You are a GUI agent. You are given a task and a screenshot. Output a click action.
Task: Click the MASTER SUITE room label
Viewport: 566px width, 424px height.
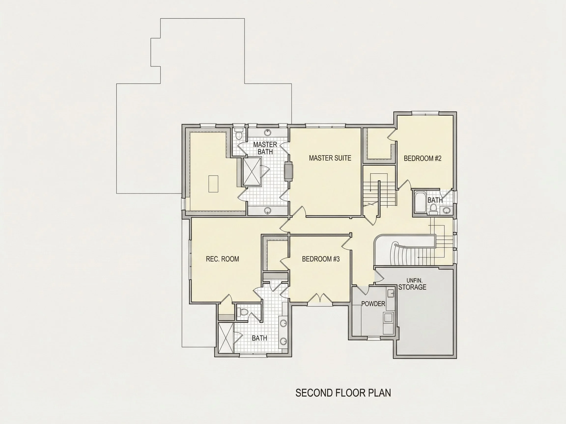tap(330, 158)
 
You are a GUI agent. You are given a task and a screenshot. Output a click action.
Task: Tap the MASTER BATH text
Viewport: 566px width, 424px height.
tap(265, 148)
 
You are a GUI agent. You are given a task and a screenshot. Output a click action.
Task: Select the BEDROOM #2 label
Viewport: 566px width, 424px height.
tap(423, 159)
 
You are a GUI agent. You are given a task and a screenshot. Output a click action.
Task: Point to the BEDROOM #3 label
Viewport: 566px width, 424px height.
tap(321, 259)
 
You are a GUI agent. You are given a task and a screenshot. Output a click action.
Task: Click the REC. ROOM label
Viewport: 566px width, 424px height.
tap(222, 259)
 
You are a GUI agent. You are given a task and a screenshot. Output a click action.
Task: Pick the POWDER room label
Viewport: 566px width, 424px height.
tap(373, 304)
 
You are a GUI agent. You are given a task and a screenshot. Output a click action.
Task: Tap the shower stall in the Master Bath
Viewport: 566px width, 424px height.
tap(252, 171)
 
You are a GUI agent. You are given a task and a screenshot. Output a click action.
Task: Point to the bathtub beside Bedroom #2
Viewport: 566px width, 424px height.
tap(419, 203)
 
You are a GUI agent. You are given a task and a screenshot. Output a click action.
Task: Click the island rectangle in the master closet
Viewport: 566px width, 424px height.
tap(213, 184)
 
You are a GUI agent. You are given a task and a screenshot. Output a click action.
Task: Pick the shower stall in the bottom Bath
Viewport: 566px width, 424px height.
tap(226, 338)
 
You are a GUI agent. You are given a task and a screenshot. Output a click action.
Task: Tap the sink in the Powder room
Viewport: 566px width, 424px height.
tap(390, 293)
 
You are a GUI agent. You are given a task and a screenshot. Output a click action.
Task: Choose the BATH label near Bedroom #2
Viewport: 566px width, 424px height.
tap(435, 200)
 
